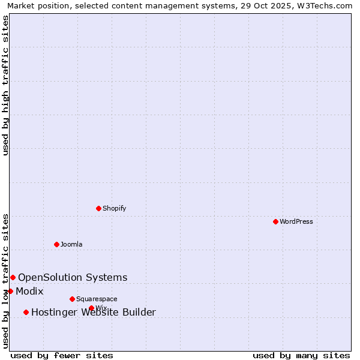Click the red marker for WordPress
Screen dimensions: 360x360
pyautogui.click(x=275, y=221)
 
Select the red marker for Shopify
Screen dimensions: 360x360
pyautogui.click(x=99, y=208)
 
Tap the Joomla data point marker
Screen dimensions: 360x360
pyautogui.click(x=57, y=244)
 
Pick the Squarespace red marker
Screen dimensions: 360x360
pyautogui.click(x=72, y=299)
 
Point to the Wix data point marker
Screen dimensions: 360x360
pyautogui.click(x=91, y=308)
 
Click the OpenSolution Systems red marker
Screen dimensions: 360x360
pyautogui.click(x=13, y=277)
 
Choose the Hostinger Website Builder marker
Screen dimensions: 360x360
pyautogui.click(x=26, y=312)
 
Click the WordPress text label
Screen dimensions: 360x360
pyautogui.click(x=296, y=221)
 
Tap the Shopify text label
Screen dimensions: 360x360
pyautogui.click(x=114, y=208)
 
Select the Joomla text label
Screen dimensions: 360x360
pyautogui.click(x=71, y=244)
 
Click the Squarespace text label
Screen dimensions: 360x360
pyautogui.click(x=97, y=299)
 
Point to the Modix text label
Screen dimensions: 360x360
pyautogui.click(x=29, y=292)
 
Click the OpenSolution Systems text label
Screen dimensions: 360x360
pyautogui.click(x=73, y=277)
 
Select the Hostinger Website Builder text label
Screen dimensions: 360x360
pyautogui.click(x=93, y=312)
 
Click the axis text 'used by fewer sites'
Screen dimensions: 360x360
pyautogui.click(x=62, y=355)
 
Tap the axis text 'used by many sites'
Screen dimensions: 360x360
pyautogui.click(x=301, y=355)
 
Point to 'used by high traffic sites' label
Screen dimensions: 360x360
pyautogui.click(x=5, y=85)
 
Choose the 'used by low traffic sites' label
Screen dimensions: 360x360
pyautogui.click(x=5, y=280)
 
